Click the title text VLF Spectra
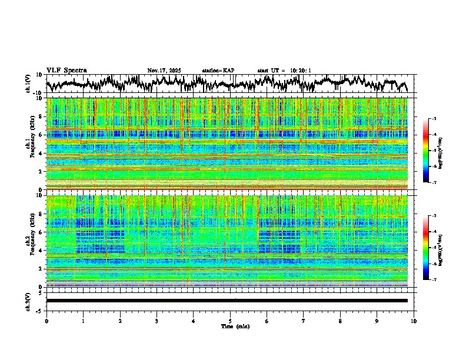tap(66, 70)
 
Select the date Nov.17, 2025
tap(164, 71)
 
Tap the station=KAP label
tap(218, 71)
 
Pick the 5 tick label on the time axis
tap(230, 321)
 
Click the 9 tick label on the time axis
tap(377, 321)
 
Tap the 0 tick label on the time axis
tap(46, 321)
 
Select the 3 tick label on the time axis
tap(157, 321)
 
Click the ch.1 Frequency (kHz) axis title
tap(31, 144)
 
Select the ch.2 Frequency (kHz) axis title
tap(31, 241)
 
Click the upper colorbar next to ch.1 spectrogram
tap(431, 151)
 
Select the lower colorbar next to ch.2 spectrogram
tap(431, 248)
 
